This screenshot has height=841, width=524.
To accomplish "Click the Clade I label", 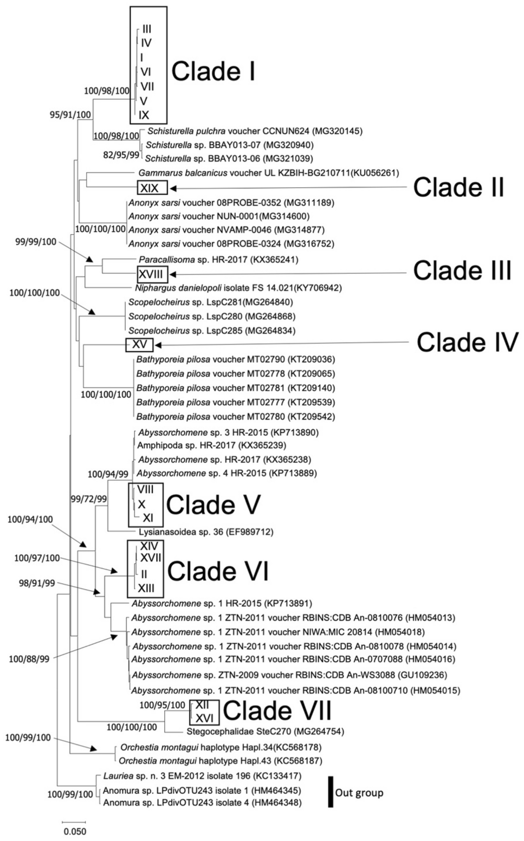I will point(214,72).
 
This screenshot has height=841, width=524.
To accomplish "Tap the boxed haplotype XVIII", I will point(153,274).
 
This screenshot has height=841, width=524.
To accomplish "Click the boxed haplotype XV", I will point(139,344).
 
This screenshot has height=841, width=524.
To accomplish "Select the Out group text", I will point(359,793).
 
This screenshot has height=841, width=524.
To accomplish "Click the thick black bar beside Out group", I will point(331,792).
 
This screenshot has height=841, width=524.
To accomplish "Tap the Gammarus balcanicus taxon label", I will point(269,173).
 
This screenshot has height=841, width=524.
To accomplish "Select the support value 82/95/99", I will point(120,156).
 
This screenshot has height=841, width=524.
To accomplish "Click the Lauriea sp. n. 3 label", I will point(202,775).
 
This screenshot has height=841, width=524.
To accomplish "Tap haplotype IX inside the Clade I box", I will point(144,115).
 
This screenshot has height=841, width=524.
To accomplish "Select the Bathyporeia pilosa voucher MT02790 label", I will point(236,359).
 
